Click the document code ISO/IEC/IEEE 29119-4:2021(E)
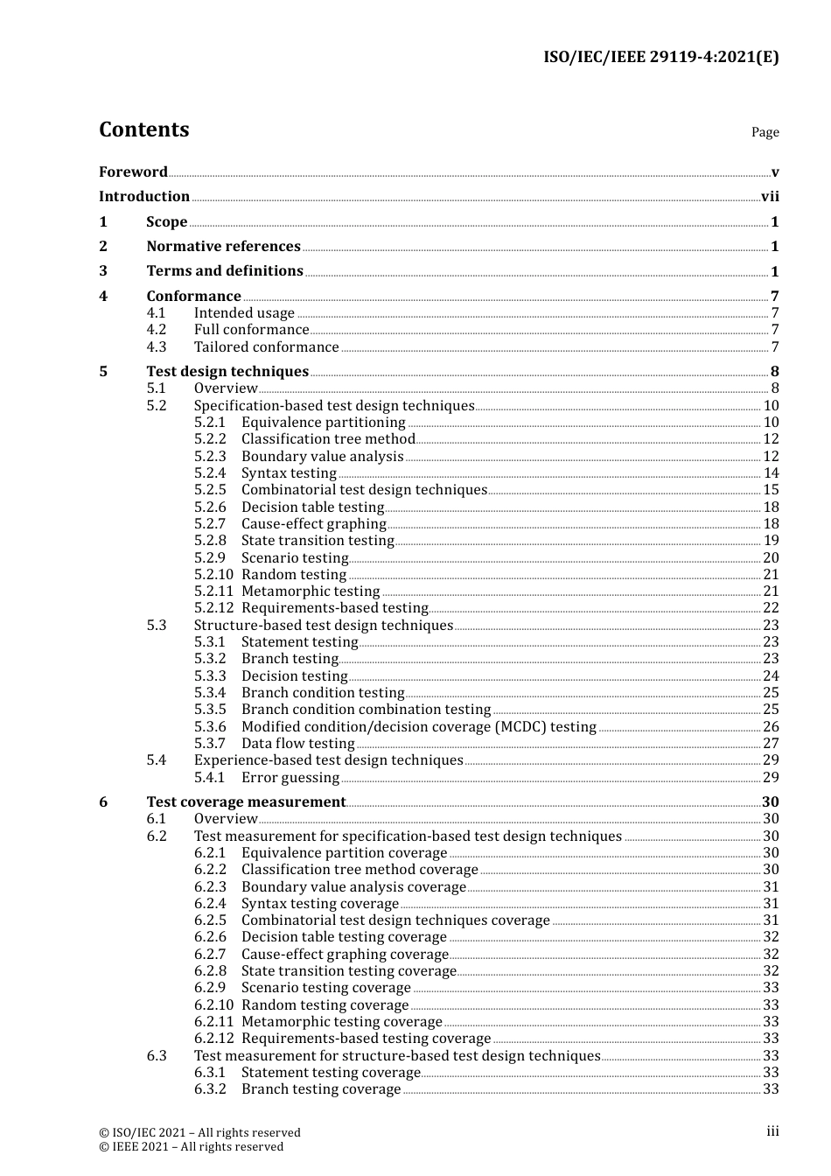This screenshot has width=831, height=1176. tap(660, 58)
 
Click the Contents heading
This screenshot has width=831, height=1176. tap(143, 129)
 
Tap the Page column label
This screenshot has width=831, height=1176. tap(765, 132)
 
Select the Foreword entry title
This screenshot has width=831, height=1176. tap(133, 172)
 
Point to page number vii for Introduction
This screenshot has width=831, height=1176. tap(770, 197)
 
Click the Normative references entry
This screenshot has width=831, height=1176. tap(223, 247)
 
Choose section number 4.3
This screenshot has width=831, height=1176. tap(157, 346)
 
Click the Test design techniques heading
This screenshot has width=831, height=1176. tap(227, 372)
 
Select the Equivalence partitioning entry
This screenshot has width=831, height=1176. tap(323, 423)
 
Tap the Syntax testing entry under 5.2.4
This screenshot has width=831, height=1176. tap(289, 473)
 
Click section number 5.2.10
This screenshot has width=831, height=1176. tap(213, 575)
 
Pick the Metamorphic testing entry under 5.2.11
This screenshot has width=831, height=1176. tap(311, 591)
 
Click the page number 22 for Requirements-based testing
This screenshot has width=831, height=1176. tap(771, 608)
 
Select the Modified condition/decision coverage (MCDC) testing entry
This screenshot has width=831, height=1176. tap(418, 727)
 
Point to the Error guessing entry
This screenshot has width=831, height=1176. tap(290, 778)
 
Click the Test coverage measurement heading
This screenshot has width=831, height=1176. tap(246, 802)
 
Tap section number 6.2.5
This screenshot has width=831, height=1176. tap(210, 920)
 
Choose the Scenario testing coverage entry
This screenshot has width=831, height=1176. tap(325, 988)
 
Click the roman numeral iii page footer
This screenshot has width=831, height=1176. tap(772, 1131)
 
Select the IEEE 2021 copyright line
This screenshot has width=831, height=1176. tap(191, 1147)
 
